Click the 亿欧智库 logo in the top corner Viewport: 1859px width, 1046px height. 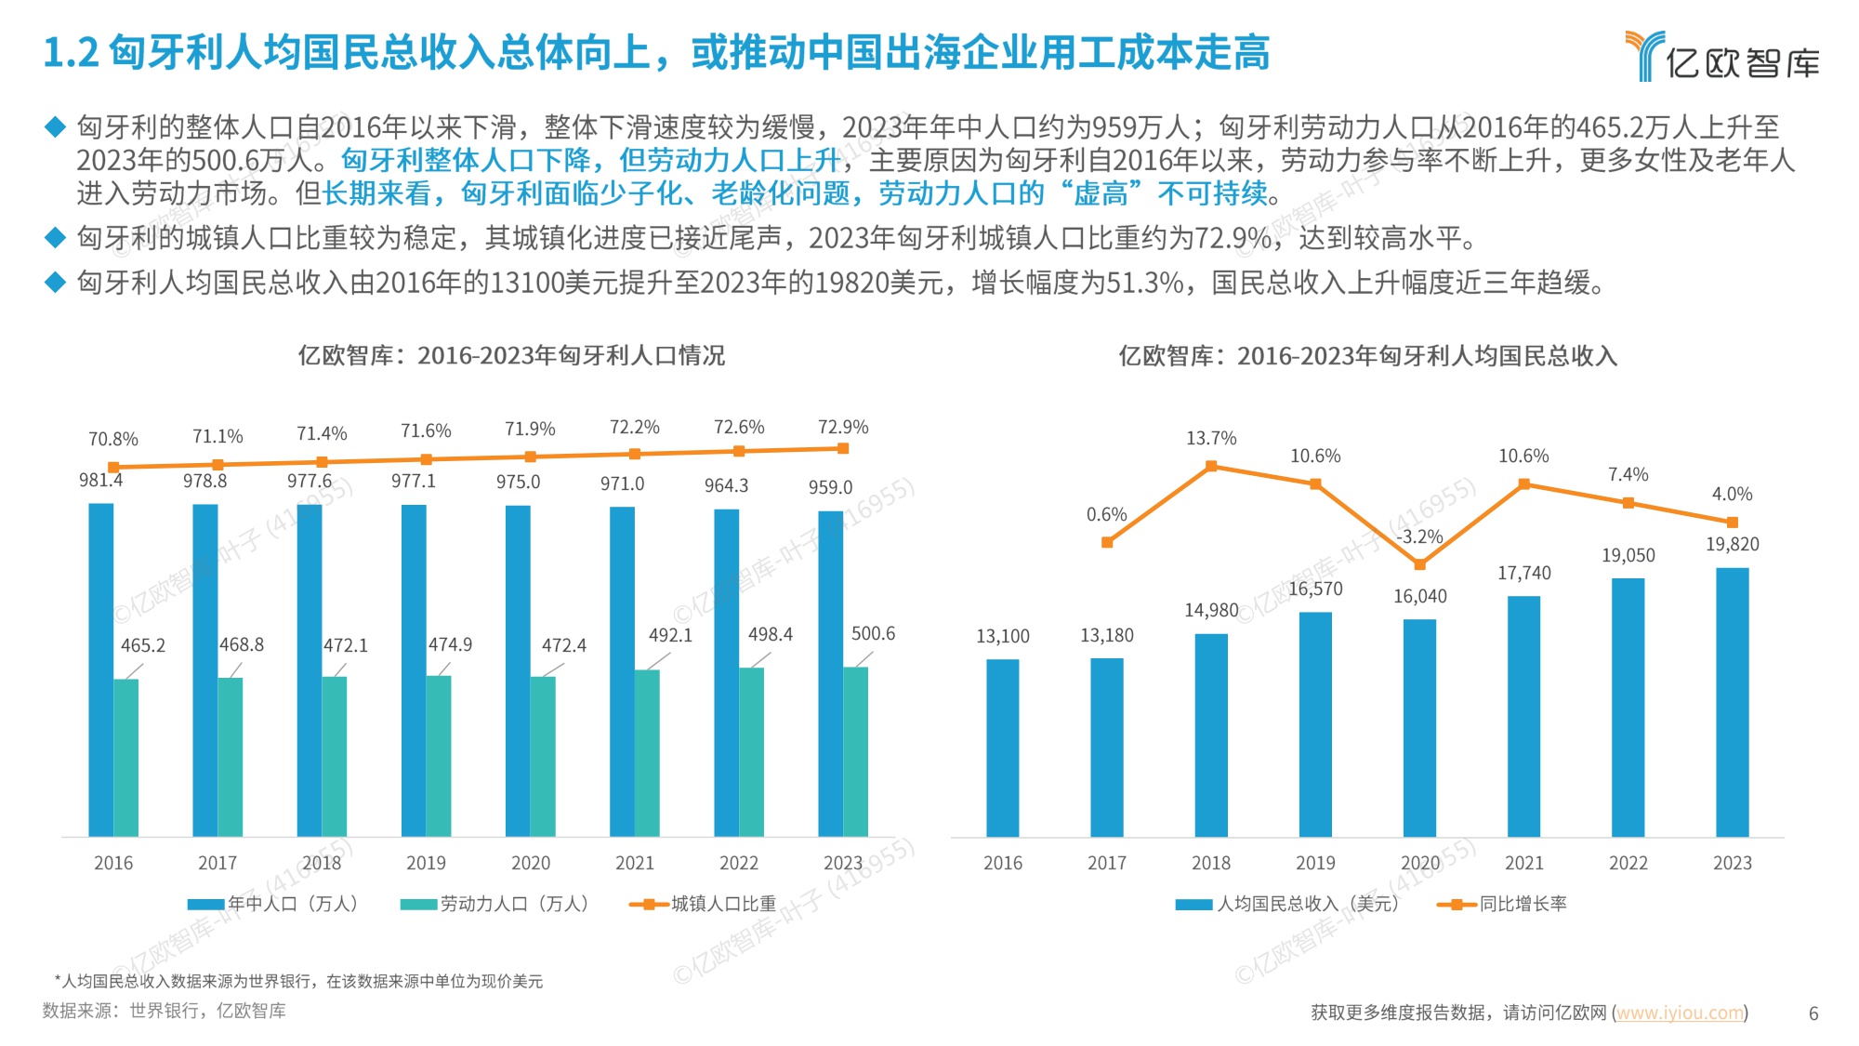pos(1721,57)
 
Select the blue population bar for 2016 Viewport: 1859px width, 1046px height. pos(100,669)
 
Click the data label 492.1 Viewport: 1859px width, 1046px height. pos(670,635)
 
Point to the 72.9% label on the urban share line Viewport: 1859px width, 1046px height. pos(842,427)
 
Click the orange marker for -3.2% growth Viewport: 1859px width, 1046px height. pos(1419,564)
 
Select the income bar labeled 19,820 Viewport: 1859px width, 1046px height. pos(1732,702)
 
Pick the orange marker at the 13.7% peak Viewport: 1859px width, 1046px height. pos(1211,467)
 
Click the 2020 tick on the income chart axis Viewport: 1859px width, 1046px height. pos(1419,863)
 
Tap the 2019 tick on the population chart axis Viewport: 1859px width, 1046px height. pos(426,863)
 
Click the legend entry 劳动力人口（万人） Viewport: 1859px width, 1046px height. pos(495,904)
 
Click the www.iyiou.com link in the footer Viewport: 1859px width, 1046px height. pos(1680,1013)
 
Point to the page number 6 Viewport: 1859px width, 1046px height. pos(1813,1013)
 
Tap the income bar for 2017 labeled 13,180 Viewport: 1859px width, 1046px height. pos(1106,748)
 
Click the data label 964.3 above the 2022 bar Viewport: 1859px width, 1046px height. pos(726,485)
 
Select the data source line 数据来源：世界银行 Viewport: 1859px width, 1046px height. pos(164,1011)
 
